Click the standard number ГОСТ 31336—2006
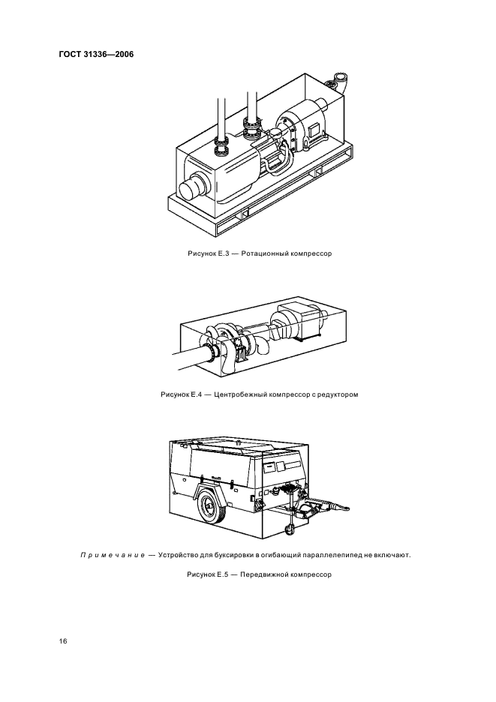coord(96,55)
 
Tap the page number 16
coord(63,641)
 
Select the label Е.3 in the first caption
coord(223,253)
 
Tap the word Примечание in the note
coord(112,556)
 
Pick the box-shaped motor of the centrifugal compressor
coord(300,319)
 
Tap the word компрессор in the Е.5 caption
coord(311,574)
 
